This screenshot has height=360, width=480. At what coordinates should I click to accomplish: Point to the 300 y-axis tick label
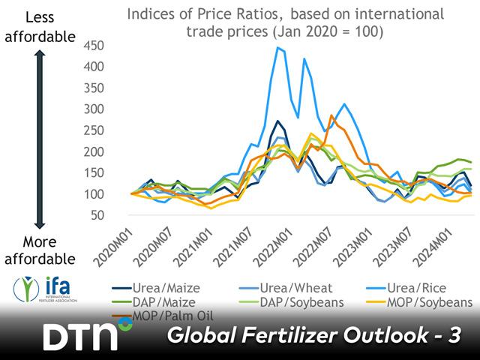pyautogui.click(x=98, y=108)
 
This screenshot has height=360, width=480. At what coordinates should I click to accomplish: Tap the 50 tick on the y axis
pyautogui.click(x=101, y=215)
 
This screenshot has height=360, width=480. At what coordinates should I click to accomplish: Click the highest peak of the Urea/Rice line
pyautogui.click(x=278, y=48)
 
